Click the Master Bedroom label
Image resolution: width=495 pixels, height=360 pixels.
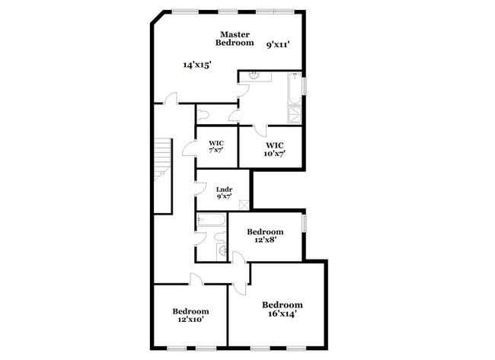(x=235, y=39)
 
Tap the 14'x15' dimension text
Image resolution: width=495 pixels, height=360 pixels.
(x=196, y=65)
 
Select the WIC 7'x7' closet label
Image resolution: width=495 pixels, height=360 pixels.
(x=216, y=145)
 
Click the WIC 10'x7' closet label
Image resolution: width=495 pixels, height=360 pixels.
(x=274, y=149)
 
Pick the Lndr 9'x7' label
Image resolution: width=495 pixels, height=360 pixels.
(x=223, y=193)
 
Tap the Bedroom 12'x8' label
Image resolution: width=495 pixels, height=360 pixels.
(x=265, y=235)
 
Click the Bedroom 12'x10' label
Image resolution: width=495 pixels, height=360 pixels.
(x=190, y=315)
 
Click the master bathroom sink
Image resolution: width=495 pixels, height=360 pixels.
(x=256, y=75)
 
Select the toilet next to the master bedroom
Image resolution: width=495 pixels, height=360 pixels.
(x=203, y=116)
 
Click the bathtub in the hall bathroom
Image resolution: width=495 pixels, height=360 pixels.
(x=210, y=221)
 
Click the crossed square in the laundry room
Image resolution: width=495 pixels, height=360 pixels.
(x=244, y=204)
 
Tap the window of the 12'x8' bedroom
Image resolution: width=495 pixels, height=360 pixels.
(x=304, y=223)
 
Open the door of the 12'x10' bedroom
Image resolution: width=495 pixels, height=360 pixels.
(x=196, y=279)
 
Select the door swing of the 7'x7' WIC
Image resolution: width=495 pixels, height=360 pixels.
(x=189, y=148)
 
